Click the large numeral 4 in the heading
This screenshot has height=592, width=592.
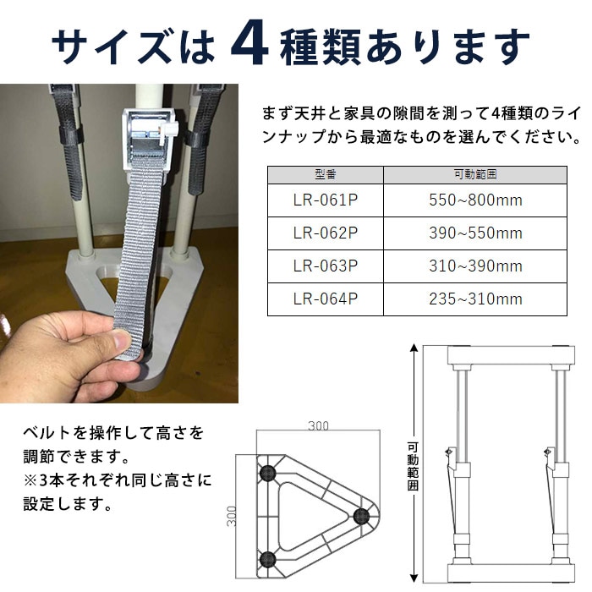click(251, 44)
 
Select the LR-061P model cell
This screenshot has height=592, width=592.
click(326, 200)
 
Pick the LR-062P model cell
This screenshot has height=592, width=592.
click(326, 233)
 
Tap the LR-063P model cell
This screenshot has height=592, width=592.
click(326, 266)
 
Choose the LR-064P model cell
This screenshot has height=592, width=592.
click(326, 299)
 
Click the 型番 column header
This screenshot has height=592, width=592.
click(326, 173)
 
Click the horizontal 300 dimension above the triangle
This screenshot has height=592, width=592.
click(318, 426)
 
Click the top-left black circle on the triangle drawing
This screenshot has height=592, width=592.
click(268, 470)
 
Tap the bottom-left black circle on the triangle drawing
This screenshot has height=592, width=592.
click(268, 558)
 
